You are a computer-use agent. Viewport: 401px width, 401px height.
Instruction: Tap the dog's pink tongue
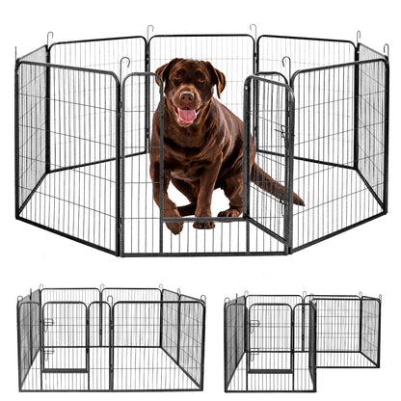(186, 117)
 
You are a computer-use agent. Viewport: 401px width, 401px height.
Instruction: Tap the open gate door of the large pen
(269, 159)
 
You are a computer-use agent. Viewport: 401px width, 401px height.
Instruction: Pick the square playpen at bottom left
(111, 339)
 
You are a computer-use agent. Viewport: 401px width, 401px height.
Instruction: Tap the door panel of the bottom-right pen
(271, 338)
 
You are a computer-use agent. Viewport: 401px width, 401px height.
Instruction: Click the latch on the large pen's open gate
(282, 130)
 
